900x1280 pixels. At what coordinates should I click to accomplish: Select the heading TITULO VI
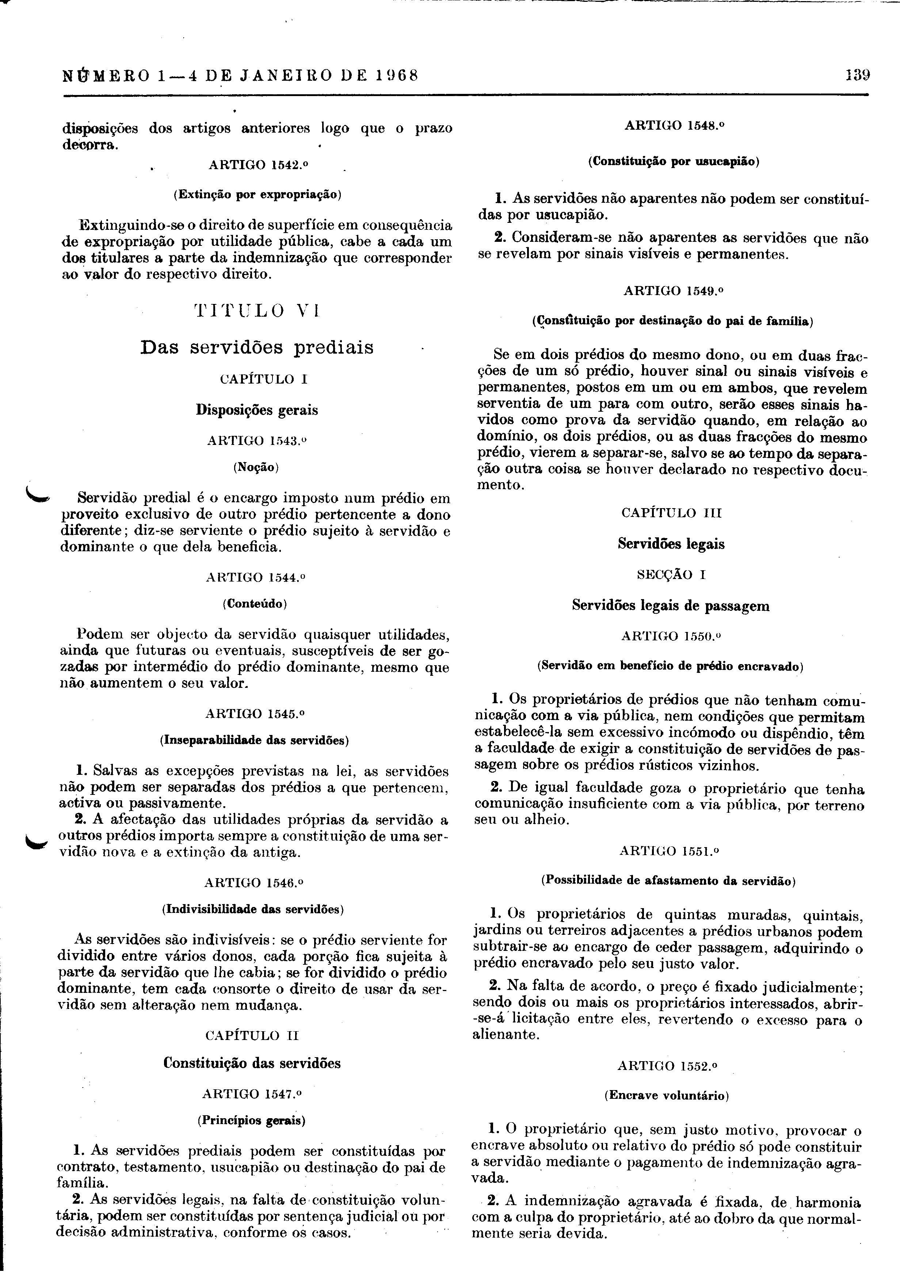pos(257,311)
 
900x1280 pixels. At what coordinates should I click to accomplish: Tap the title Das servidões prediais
pos(257,347)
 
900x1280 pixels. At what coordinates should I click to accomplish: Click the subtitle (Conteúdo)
pos(255,603)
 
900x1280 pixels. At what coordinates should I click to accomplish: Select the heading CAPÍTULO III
pos(671,513)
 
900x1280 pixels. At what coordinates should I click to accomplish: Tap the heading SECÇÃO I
pos(671,574)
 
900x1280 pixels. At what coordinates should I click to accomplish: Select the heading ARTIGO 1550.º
pos(671,636)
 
